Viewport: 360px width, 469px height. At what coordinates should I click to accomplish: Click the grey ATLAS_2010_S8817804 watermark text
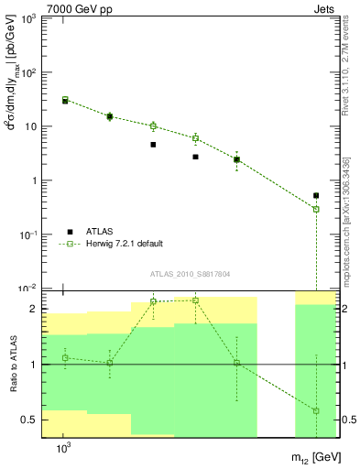point(191,274)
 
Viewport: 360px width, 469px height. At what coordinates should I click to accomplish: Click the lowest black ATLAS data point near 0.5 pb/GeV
point(316,195)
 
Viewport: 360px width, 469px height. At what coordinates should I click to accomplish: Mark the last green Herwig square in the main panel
point(316,209)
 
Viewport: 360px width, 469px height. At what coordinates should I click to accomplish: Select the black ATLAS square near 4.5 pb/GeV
point(153,145)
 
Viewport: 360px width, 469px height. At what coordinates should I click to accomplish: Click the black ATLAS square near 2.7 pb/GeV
point(195,157)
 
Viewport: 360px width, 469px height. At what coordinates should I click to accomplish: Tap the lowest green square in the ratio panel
point(316,410)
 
